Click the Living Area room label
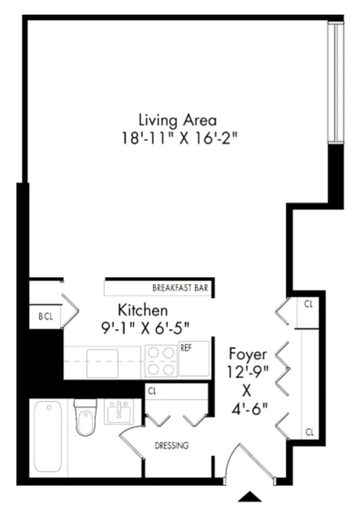click(x=178, y=120)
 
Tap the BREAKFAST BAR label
click(x=180, y=288)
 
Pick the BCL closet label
click(x=45, y=316)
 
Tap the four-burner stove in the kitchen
click(x=160, y=361)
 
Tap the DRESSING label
click(x=171, y=446)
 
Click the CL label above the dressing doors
click(x=152, y=390)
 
